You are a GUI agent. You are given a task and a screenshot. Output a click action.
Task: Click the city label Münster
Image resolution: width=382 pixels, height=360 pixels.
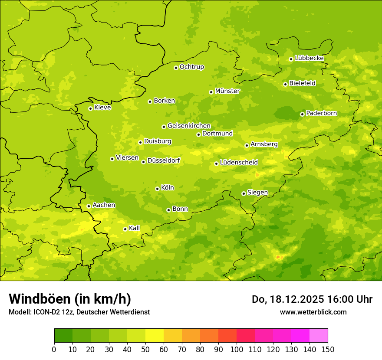coord(227,91)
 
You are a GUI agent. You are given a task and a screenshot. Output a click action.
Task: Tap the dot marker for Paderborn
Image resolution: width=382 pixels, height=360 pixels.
coord(303,114)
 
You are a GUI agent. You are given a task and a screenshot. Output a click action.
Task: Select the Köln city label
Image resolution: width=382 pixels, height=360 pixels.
coord(168,188)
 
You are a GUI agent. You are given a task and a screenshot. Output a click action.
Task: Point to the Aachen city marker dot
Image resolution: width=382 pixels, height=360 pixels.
coord(89,206)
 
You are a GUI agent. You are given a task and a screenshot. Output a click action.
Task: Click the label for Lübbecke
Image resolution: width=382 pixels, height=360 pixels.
coord(309,58)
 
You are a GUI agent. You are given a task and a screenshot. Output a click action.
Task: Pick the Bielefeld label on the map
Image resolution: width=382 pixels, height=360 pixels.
coord(302,83)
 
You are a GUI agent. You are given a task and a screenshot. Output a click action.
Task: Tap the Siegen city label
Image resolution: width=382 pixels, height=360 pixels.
coord(257,193)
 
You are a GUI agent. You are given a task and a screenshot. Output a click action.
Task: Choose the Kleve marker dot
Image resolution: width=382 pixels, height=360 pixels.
coord(90,108)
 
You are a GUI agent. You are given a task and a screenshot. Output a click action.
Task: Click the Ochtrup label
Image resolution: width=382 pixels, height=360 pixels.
coord(191,67)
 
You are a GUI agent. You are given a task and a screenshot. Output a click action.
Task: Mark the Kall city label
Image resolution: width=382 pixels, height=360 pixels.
coord(135,228)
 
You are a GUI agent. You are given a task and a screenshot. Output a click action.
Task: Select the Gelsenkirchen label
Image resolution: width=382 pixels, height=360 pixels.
coord(189,126)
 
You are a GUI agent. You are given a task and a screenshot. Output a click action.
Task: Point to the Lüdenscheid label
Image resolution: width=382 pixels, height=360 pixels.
coord(239,163)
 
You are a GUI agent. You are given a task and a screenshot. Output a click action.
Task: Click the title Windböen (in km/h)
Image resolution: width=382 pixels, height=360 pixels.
coord(70,299)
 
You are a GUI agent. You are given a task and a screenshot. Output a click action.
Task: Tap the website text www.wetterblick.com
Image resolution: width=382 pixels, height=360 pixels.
coord(313,312)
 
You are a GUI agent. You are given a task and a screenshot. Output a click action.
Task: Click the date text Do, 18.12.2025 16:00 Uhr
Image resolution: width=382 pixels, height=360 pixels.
coord(312,299)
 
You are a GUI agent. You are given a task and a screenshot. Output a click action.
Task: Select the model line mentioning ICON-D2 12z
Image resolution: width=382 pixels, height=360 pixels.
coord(79,312)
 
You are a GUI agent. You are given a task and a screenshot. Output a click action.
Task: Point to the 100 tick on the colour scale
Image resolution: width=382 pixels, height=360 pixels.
coord(237,349)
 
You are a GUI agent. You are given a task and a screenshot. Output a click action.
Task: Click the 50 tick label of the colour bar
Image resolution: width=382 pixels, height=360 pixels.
coord(145,349)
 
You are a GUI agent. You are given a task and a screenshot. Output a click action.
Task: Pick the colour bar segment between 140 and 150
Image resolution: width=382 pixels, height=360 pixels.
coord(319,336)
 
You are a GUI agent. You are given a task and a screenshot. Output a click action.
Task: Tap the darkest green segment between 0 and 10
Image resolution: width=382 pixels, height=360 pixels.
coord(63,336)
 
